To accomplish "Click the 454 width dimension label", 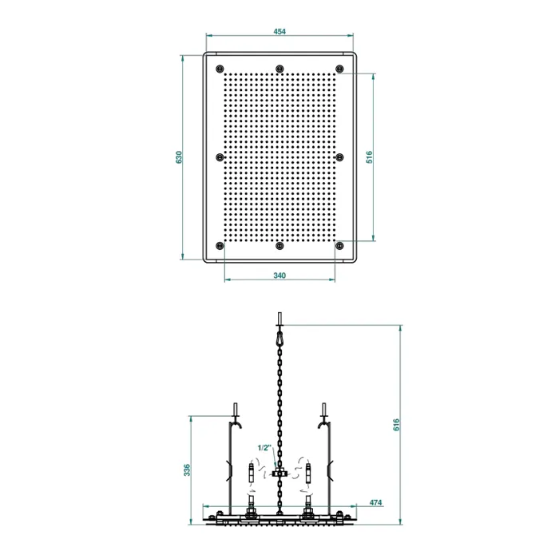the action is [279, 31].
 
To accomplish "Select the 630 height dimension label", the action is [179, 157].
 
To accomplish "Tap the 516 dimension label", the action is [369, 157].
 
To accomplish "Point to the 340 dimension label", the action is [279, 276].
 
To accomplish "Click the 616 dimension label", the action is [396, 425].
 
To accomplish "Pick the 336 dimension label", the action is [187, 470].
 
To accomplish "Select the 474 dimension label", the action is [375, 502].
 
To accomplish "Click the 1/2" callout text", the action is [264, 448].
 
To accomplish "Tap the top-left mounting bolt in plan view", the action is [220, 69].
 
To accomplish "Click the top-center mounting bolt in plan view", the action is [279, 69].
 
